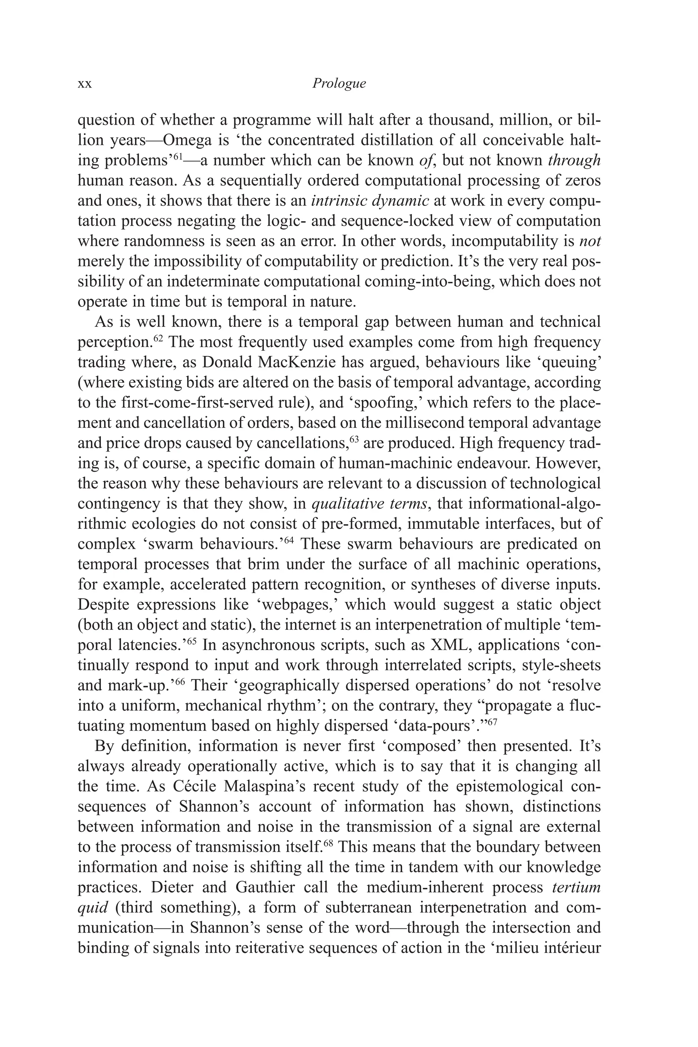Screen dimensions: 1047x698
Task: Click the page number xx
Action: tap(85, 84)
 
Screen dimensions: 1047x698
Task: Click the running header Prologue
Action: tap(339, 83)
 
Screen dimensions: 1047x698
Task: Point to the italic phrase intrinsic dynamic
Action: tap(370, 201)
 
